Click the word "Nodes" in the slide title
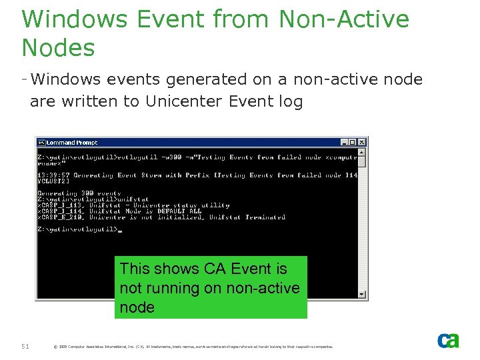[x=59, y=48]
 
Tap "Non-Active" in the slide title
[x=344, y=19]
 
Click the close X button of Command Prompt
[x=362, y=142]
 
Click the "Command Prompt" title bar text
[x=72, y=142]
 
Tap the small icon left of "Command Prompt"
[x=41, y=142]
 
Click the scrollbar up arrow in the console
[x=362, y=152]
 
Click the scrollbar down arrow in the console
[x=362, y=294]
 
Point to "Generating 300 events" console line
[x=70, y=193]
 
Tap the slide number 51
[x=26, y=345]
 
